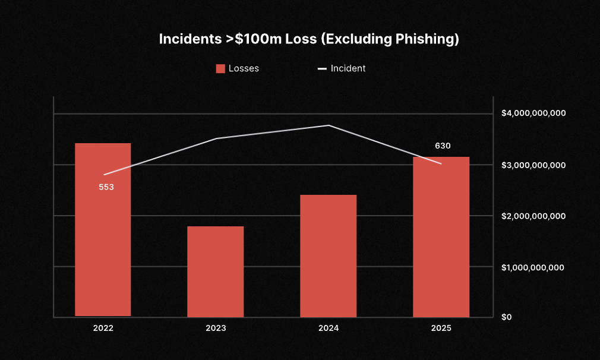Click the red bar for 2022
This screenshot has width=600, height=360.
pyautogui.click(x=103, y=230)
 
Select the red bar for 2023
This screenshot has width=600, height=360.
pyautogui.click(x=216, y=271)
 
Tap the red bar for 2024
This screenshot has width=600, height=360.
pyautogui.click(x=329, y=255)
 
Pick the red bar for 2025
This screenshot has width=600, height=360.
pyautogui.click(x=441, y=236)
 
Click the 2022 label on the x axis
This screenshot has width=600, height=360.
pyautogui.click(x=103, y=328)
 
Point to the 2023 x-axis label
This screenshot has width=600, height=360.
pyautogui.click(x=216, y=328)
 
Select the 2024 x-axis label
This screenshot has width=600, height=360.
pyautogui.click(x=329, y=328)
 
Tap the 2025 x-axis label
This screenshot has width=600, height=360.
pyautogui.click(x=441, y=328)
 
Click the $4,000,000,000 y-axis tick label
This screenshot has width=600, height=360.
pyautogui.click(x=533, y=113)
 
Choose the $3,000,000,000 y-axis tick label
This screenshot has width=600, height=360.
pyautogui.click(x=533, y=165)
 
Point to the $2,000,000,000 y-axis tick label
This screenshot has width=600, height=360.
pyautogui.click(x=533, y=216)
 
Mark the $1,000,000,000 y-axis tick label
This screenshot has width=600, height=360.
pyautogui.click(x=533, y=267)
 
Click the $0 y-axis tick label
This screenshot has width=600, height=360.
pyautogui.click(x=506, y=317)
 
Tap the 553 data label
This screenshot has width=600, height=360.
pyautogui.click(x=106, y=187)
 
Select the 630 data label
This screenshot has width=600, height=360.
pyautogui.click(x=443, y=146)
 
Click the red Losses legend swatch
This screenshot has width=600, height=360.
pyautogui.click(x=220, y=68)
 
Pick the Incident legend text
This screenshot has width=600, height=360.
pyautogui.click(x=348, y=68)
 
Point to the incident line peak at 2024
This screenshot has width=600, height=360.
pyautogui.click(x=329, y=125)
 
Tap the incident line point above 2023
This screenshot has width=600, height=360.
pyautogui.click(x=216, y=138)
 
